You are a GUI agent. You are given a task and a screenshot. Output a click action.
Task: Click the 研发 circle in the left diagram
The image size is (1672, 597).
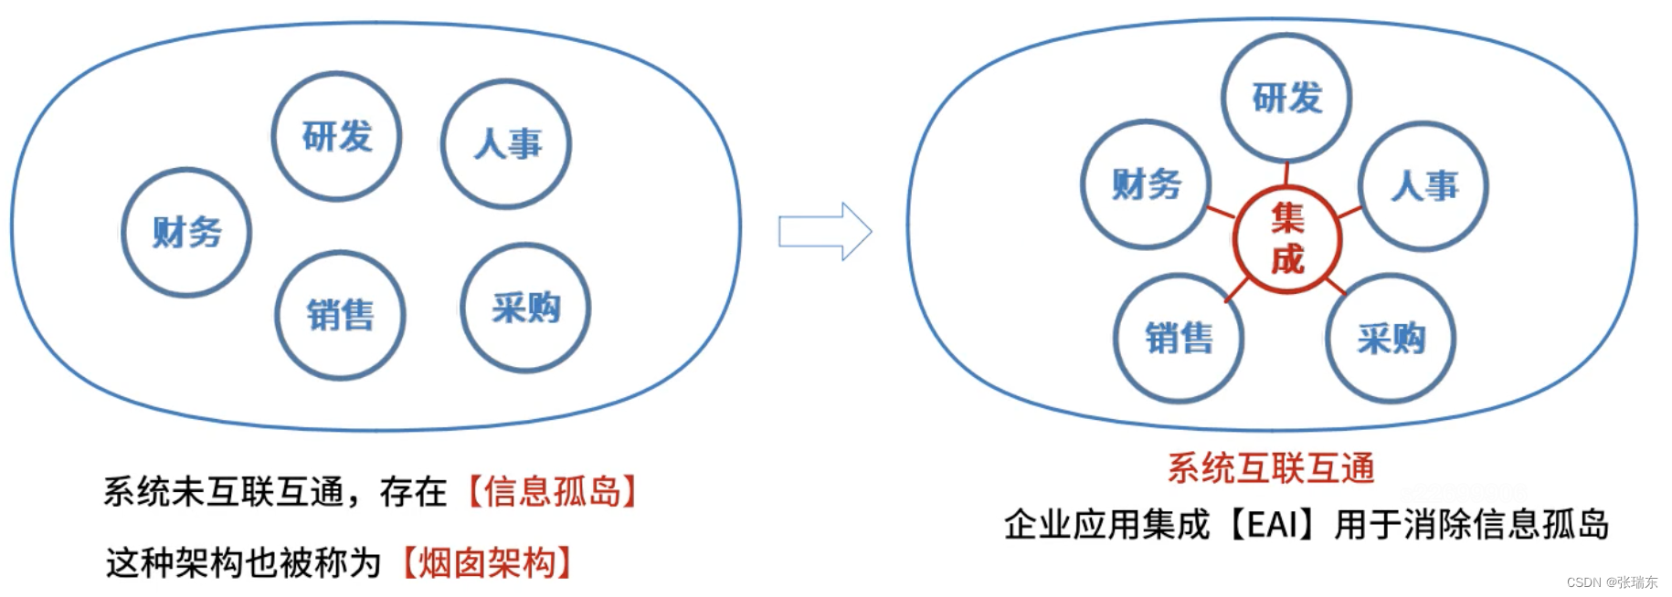click(x=336, y=137)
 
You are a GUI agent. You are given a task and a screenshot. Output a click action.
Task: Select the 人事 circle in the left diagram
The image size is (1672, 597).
click(x=506, y=144)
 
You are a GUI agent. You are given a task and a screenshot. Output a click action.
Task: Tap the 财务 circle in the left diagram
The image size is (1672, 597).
click(x=186, y=232)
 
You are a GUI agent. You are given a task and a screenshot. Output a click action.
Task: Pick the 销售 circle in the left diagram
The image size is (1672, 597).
click(x=340, y=315)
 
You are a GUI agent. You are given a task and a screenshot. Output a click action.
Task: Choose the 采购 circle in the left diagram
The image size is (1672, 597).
click(x=525, y=308)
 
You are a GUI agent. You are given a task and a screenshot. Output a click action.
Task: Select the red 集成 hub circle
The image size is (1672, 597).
click(x=1286, y=239)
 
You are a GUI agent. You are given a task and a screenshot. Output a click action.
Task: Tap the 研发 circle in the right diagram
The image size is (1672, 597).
click(x=1286, y=98)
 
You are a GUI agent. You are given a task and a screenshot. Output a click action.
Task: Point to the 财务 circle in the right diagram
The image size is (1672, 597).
click(x=1146, y=184)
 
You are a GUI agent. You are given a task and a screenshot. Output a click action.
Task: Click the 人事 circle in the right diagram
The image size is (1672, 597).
click(x=1423, y=186)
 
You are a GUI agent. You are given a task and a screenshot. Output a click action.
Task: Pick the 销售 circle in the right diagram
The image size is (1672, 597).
click(x=1179, y=338)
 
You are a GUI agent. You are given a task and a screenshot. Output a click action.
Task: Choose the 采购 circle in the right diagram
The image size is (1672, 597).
click(x=1391, y=339)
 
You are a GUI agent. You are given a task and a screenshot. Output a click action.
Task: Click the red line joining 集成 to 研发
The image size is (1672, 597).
click(x=1286, y=173)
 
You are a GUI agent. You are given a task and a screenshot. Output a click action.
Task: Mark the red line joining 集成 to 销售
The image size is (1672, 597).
click(x=1236, y=288)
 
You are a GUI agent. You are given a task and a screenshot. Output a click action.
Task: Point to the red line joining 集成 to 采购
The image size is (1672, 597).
click(x=1335, y=286)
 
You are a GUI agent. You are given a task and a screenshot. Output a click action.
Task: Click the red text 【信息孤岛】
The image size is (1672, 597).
click(x=552, y=491)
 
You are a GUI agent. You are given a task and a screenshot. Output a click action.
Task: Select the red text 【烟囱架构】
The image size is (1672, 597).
click(x=487, y=562)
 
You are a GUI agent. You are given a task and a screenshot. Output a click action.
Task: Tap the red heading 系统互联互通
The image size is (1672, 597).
click(x=1271, y=468)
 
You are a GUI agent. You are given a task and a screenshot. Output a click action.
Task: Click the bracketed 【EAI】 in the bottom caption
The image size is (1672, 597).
click(x=1271, y=525)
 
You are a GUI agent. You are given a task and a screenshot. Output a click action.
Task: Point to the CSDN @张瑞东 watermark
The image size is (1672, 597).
click(x=1612, y=582)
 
